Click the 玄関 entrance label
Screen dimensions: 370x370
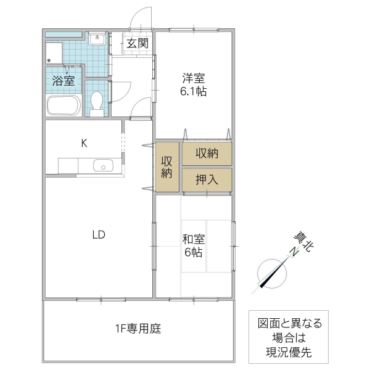(138, 43)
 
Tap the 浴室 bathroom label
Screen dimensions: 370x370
(62, 80)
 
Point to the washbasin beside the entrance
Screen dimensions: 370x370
(97, 41)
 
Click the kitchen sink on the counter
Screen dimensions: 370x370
(101, 165)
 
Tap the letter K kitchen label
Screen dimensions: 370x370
(84, 144)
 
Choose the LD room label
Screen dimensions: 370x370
(99, 234)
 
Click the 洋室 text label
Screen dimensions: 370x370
(193, 78)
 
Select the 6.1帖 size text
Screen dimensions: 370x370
(193, 91)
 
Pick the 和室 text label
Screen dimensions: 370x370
(193, 239)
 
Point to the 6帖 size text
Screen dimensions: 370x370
(193, 252)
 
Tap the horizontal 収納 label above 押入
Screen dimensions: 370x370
(207, 154)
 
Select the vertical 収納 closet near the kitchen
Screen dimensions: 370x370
(166, 166)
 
